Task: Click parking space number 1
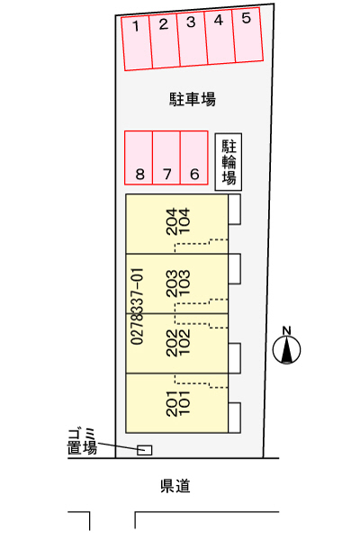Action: click(137, 43)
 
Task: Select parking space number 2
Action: click(165, 40)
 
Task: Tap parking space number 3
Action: click(193, 39)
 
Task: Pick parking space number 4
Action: click(220, 37)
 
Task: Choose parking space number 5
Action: click(247, 34)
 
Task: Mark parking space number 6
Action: click(194, 157)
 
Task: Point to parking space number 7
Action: click(166, 157)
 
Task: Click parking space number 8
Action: click(139, 157)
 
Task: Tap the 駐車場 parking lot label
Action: click(193, 100)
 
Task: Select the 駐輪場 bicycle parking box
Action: click(229, 162)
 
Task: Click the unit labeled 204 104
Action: click(176, 224)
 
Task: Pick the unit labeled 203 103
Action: click(176, 283)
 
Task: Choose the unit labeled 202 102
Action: click(176, 344)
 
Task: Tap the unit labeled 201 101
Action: click(176, 403)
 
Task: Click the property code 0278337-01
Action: click(137, 307)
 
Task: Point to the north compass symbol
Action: click(286, 346)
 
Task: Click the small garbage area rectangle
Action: click(144, 450)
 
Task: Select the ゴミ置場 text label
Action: click(82, 442)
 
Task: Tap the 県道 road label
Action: click(175, 486)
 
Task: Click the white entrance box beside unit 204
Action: click(235, 210)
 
